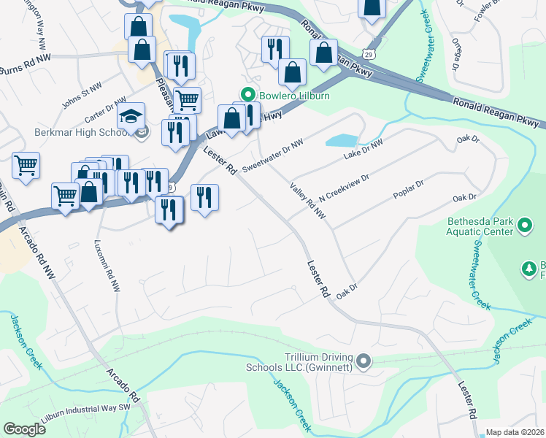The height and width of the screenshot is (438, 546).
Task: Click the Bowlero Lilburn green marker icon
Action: coord(247,96)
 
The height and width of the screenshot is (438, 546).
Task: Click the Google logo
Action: coord(24,429)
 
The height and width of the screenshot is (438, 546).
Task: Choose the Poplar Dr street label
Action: coord(408,191)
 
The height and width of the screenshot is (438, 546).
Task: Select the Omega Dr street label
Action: coord(457,54)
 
